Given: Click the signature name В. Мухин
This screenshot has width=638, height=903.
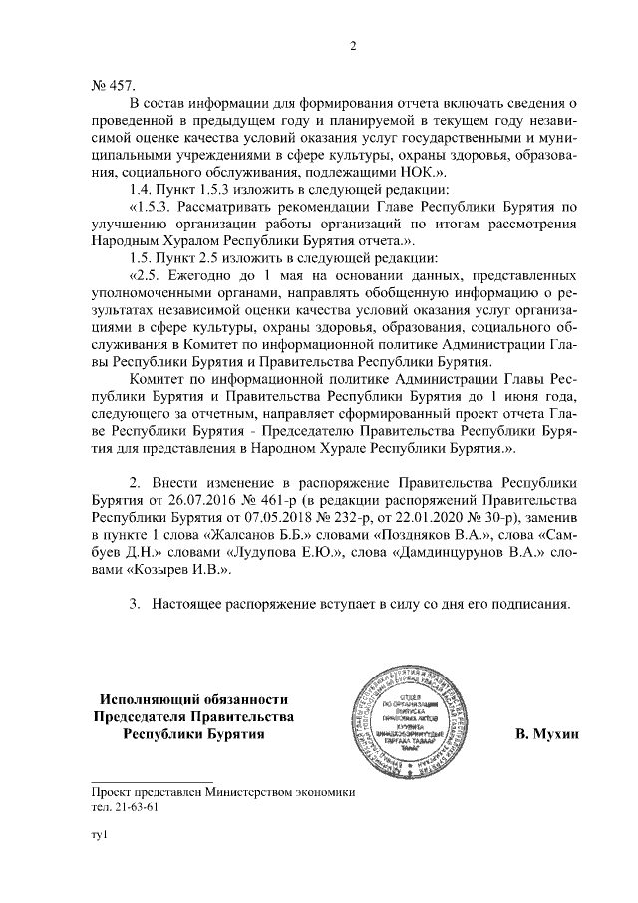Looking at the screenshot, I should (x=547, y=735).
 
